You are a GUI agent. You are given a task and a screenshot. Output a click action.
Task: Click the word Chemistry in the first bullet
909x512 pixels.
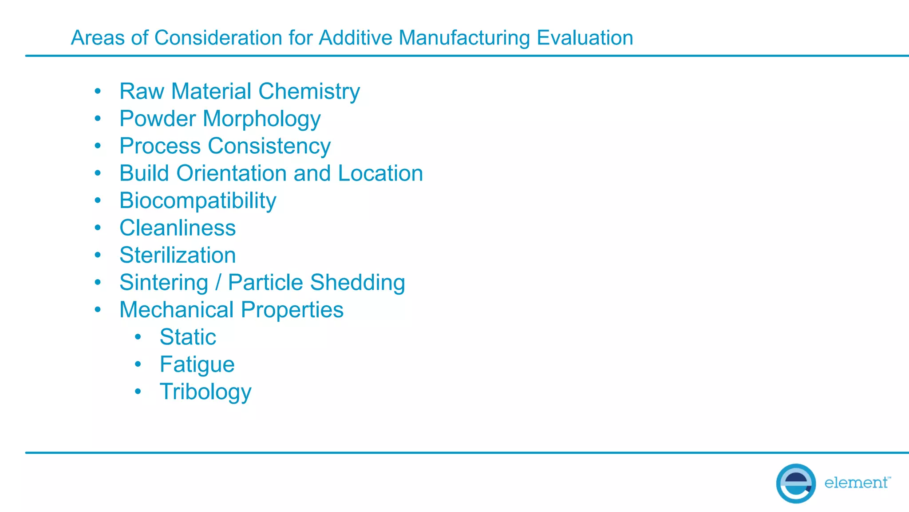309,92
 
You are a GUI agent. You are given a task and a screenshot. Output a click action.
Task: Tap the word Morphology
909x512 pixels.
261,119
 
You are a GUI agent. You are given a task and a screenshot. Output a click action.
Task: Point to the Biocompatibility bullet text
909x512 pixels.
198,201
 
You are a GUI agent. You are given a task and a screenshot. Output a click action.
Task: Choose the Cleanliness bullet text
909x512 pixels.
178,228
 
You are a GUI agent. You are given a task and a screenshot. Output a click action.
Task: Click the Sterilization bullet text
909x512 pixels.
178,256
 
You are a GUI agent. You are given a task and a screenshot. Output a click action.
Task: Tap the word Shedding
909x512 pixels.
357,283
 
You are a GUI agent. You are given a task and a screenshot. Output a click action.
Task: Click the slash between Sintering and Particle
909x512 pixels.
218,283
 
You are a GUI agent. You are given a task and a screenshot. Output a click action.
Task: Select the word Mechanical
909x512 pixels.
176,310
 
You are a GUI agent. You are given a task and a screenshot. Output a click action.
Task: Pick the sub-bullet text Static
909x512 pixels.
188,337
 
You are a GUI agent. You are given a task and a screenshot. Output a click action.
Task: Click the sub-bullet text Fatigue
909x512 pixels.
197,365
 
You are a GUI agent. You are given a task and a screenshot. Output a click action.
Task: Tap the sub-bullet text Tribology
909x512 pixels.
206,392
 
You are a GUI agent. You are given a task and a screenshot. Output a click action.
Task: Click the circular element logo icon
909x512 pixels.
796,483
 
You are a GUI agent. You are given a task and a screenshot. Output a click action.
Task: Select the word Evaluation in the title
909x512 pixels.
585,38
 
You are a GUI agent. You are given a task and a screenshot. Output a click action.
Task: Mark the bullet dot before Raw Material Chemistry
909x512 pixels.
98,92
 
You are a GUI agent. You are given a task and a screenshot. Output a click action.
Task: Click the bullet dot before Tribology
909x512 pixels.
138,392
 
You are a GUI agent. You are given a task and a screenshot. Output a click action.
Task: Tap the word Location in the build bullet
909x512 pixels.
380,173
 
